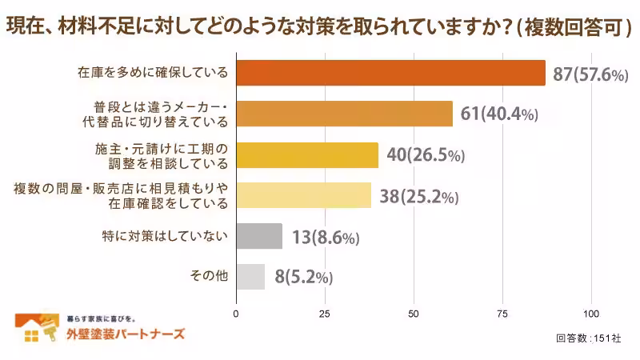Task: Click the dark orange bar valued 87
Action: tap(390, 73)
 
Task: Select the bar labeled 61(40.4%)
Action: tap(344, 114)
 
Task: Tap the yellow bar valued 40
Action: tap(307, 154)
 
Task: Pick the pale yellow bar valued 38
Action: tap(303, 195)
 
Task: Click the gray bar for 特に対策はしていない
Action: tap(259, 236)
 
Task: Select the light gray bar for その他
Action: tap(250, 277)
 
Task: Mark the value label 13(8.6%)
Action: tap(326, 237)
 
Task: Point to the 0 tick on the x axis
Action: tap(236, 313)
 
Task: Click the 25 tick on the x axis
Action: tap(325, 313)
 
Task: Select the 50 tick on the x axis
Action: tap(414, 313)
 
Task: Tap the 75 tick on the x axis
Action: tap(503, 313)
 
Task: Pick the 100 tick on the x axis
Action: tap(592, 313)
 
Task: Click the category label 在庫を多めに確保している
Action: tap(153, 73)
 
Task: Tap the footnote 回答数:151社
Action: tap(588, 338)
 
